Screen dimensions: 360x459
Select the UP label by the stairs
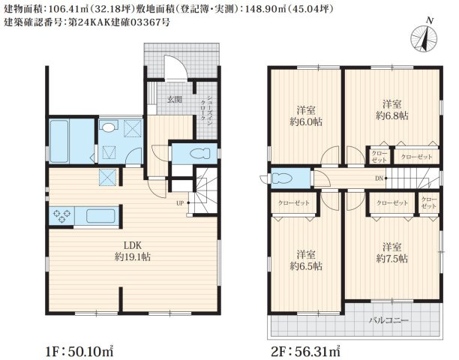click(181, 203)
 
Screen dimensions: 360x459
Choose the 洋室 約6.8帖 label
click(391, 109)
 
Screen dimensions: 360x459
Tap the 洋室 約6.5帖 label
click(306, 259)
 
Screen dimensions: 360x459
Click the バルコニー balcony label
click(388, 320)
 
